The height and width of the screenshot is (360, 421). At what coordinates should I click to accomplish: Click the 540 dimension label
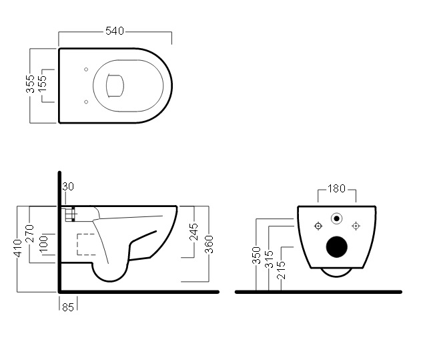coord(115,30)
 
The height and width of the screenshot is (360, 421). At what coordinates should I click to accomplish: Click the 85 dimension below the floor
coord(67,307)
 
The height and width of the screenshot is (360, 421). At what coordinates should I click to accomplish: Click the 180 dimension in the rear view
coord(337,189)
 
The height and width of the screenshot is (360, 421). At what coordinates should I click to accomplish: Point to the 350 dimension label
coord(256,256)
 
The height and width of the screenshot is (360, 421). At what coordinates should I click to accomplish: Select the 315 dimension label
coord(268,259)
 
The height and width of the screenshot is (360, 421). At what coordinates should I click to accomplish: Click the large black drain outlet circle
coord(337,246)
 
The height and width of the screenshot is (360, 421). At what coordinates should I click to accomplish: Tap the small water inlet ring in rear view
coord(337,218)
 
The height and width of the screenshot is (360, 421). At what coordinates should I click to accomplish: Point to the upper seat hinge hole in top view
coord(87,69)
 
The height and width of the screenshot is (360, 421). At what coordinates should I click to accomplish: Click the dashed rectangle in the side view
coord(85,244)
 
